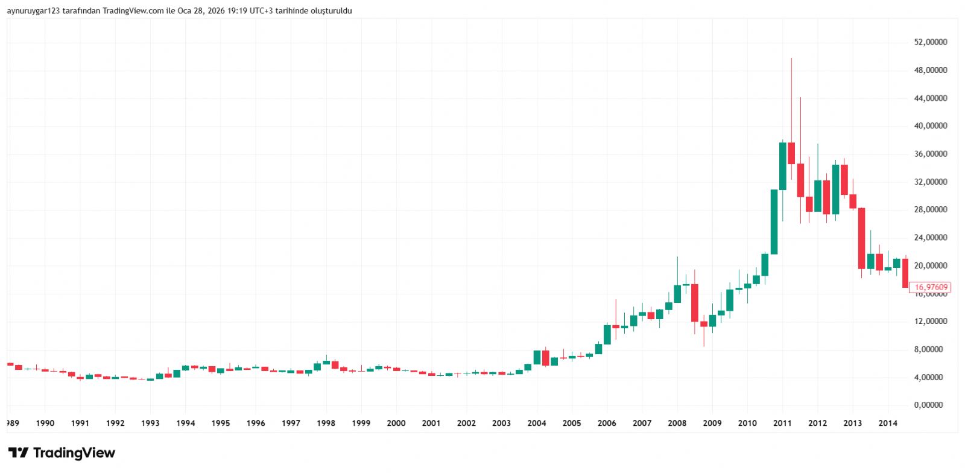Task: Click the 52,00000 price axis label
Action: tap(931, 42)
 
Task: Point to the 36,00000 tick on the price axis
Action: tap(931, 154)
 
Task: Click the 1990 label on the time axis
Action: tap(45, 423)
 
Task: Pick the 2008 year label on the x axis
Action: tap(677, 423)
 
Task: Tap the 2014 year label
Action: tap(888, 423)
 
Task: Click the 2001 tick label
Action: tap(431, 423)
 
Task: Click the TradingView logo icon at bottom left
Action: tap(18, 453)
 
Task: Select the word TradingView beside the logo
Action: tap(74, 453)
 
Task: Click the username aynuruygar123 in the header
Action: tap(33, 11)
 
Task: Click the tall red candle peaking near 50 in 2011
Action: tap(791, 153)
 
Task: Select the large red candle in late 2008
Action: tap(695, 303)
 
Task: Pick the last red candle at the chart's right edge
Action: tap(905, 273)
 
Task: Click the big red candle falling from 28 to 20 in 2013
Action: tap(862, 238)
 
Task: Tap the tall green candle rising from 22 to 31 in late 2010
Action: tap(774, 221)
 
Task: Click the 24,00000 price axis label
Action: tap(931, 238)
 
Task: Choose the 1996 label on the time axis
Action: tap(256, 423)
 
